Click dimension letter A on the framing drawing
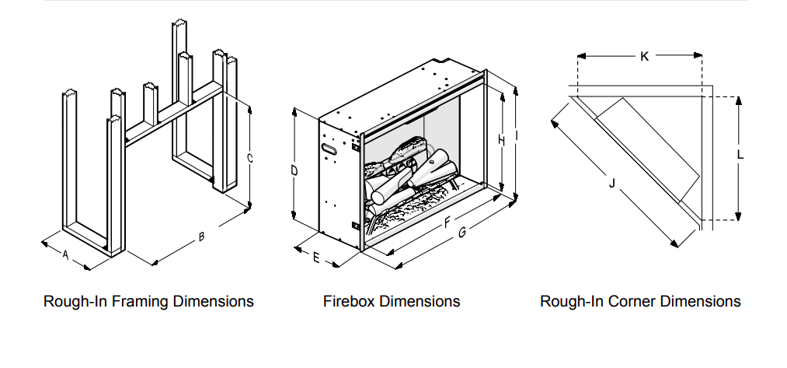[x=66, y=255]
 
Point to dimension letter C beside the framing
[x=249, y=157]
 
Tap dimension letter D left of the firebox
[x=295, y=170]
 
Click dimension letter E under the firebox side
[x=316, y=258]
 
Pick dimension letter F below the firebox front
[x=447, y=224]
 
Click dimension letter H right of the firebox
[x=501, y=140]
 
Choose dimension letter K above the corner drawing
[x=644, y=56]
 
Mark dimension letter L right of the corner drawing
[x=740, y=155]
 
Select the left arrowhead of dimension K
[x=581, y=56]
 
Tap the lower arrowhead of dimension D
[x=295, y=219]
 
